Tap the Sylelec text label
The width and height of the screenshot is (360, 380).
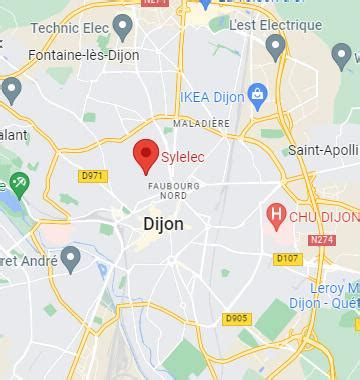pos(183,157)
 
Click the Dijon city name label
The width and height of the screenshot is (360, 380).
pos(157,224)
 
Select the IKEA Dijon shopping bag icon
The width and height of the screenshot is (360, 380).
pos(257,95)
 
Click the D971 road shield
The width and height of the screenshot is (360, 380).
pos(91,176)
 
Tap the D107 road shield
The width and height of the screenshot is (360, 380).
pos(288,259)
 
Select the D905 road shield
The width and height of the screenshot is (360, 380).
pos(236,318)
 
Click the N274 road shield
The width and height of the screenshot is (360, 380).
pos(322,240)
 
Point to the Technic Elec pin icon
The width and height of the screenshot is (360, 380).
pos(123,25)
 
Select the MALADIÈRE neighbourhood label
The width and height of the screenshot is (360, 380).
pos(201,123)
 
